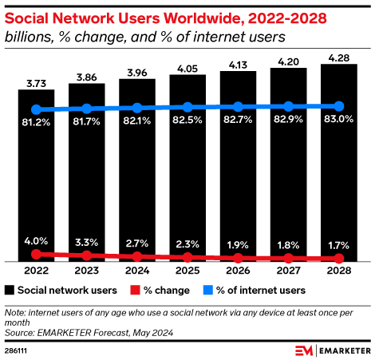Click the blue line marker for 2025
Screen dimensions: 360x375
(x=187, y=107)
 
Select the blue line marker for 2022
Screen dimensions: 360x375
(x=36, y=109)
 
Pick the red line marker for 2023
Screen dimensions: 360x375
(x=86, y=255)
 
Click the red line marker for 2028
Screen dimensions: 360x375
(x=338, y=259)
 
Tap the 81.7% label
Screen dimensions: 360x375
(x=86, y=123)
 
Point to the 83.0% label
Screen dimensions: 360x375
(x=338, y=121)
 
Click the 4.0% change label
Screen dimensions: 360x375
(x=36, y=240)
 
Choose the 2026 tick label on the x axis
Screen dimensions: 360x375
(x=238, y=271)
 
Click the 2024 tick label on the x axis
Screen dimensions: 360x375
(x=137, y=271)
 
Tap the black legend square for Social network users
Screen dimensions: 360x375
(x=10, y=290)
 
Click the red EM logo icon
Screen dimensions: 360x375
(x=304, y=350)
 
